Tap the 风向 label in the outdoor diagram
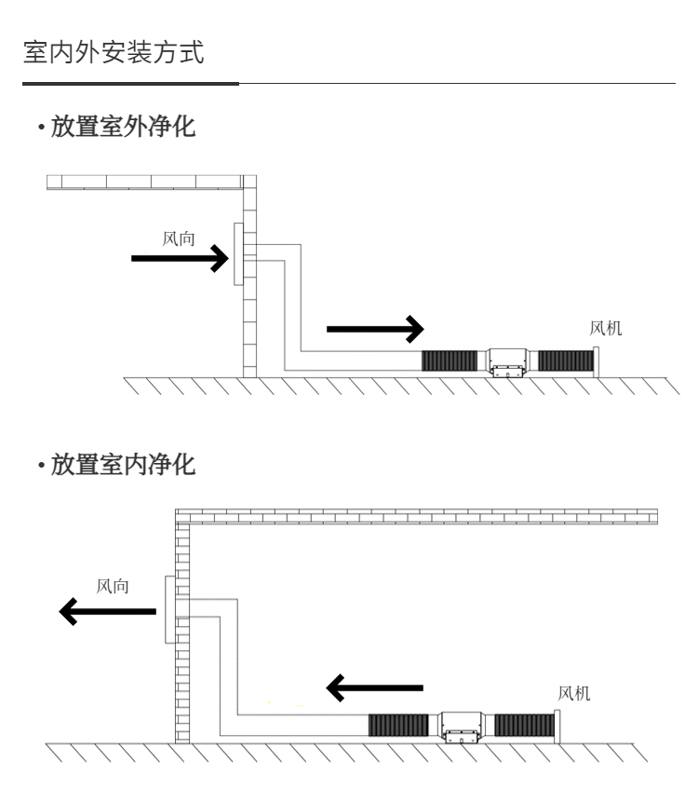pyautogui.click(x=180, y=239)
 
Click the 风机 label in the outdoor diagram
pyautogui.click(x=607, y=328)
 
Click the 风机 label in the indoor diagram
pyautogui.click(x=573, y=693)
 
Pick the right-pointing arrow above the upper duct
pyautogui.click(x=375, y=328)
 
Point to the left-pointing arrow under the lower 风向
pyautogui.click(x=108, y=611)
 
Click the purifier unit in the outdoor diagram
pyautogui.click(x=508, y=361)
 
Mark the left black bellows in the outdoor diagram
pyautogui.click(x=450, y=360)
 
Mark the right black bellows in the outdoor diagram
pyautogui.click(x=566, y=360)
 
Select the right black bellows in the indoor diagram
pyautogui.click(x=522, y=725)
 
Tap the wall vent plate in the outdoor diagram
pyautogui.click(x=238, y=254)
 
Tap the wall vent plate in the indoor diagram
pyautogui.click(x=170, y=609)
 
